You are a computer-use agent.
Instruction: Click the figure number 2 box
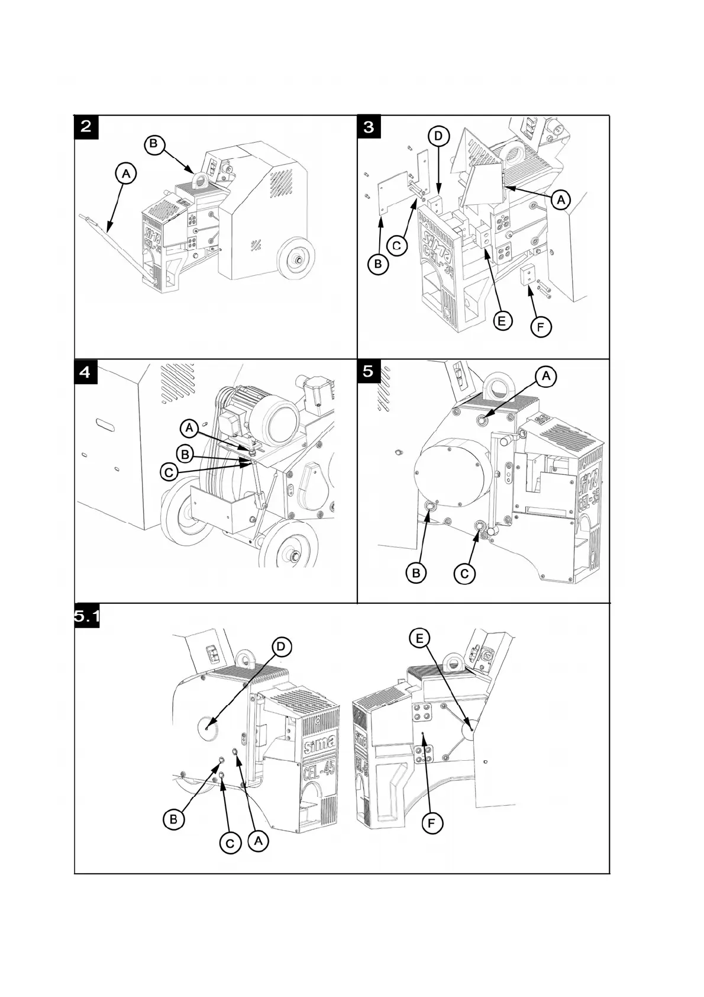[x=86, y=127]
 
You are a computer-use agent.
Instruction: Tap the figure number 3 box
[x=369, y=127]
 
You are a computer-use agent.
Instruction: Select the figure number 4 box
[x=86, y=372]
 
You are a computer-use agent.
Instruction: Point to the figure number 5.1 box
[x=86, y=616]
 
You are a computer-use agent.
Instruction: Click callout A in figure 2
[x=125, y=173]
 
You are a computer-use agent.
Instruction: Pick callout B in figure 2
[x=154, y=143]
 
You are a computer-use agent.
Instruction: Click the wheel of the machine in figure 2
[x=296, y=259]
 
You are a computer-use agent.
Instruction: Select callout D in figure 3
[x=438, y=136]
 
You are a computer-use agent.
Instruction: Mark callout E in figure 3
[x=502, y=320]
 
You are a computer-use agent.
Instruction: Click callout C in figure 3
[x=398, y=245]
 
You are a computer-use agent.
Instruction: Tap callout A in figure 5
[x=546, y=375]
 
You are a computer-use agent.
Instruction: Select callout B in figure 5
[x=416, y=573]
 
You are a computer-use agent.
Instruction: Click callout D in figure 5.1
[x=281, y=647]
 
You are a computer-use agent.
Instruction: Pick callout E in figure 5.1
[x=419, y=638]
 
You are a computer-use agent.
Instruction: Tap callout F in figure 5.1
[x=433, y=822]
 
